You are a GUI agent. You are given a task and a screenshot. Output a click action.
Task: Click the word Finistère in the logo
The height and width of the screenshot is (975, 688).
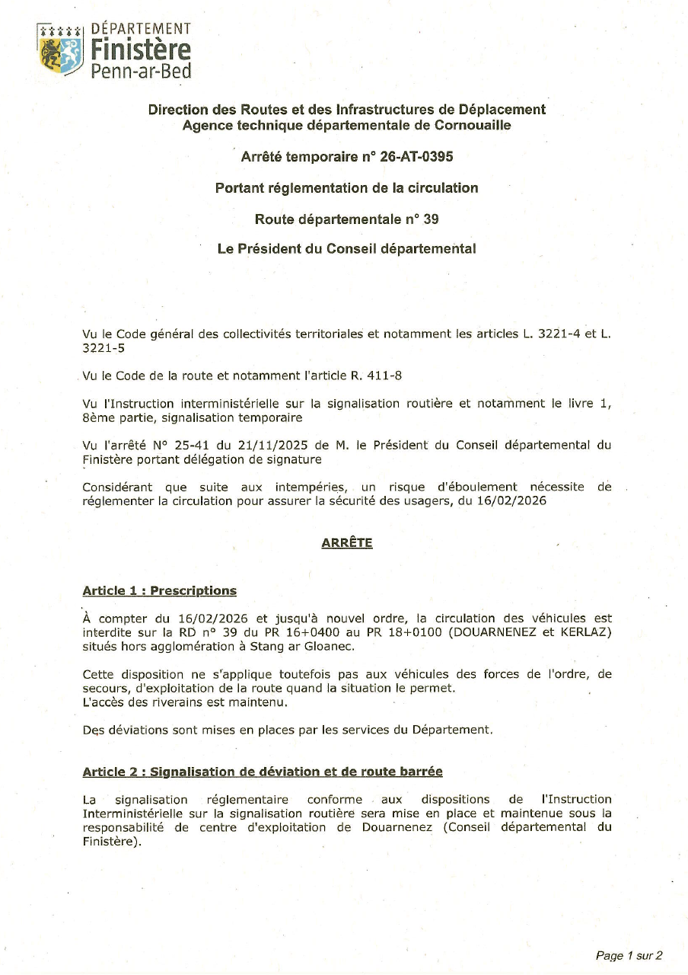(141, 51)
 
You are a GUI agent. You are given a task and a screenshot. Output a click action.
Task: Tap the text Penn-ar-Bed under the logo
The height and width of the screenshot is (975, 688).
(141, 72)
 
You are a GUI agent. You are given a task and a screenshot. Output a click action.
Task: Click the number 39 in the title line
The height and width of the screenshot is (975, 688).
(431, 219)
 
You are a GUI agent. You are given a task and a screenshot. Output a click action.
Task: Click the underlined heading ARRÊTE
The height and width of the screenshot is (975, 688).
(346, 543)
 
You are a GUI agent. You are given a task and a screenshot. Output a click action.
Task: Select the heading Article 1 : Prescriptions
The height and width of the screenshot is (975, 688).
(159, 591)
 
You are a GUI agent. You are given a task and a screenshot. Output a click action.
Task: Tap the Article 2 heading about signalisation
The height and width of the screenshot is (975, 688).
(262, 772)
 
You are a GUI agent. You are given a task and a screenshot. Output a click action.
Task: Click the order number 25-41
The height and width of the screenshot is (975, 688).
(193, 446)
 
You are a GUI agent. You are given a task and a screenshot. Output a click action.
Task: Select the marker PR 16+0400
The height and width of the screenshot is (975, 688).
(295, 633)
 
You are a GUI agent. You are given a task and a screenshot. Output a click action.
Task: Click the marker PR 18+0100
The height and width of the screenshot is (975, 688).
(403, 633)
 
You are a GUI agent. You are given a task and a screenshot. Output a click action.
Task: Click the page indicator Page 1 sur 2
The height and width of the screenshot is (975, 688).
(629, 955)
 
